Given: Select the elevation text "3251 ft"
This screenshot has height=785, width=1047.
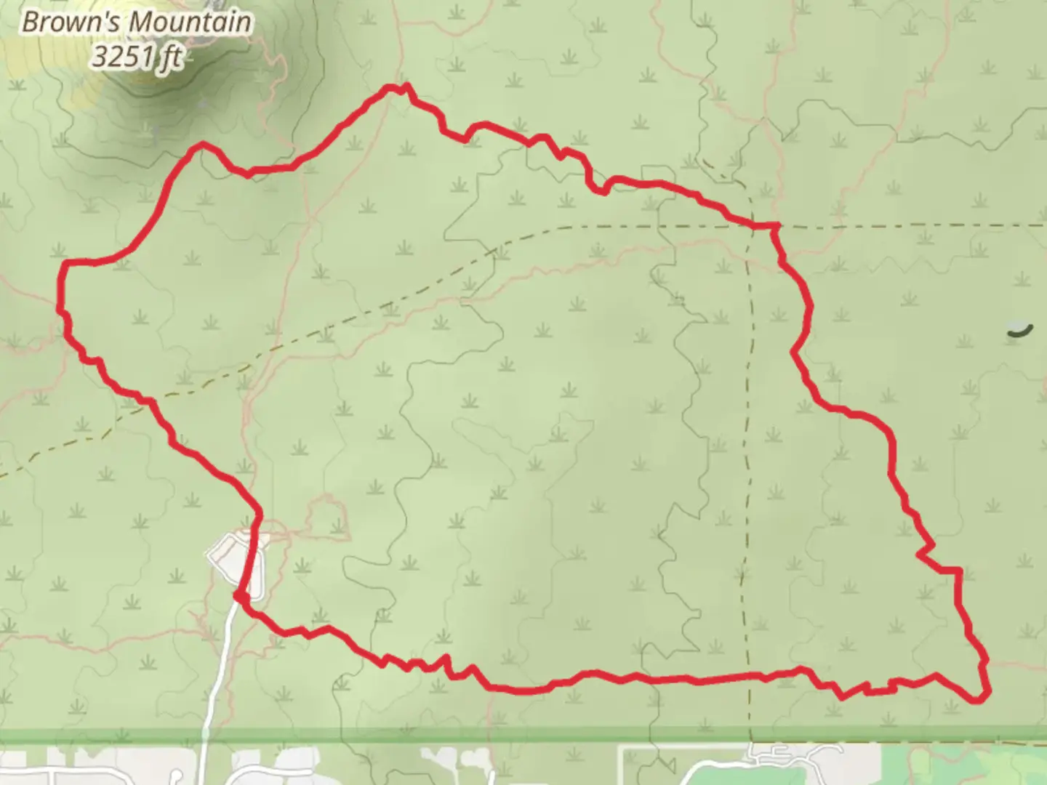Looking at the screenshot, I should (136, 57).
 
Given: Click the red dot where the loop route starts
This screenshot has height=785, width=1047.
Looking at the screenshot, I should (238, 596).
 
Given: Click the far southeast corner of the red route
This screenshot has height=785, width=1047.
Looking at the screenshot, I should (978, 699).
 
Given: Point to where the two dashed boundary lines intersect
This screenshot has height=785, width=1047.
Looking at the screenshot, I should (749, 226).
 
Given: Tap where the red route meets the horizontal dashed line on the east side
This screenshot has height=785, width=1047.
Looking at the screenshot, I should (775, 227).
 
